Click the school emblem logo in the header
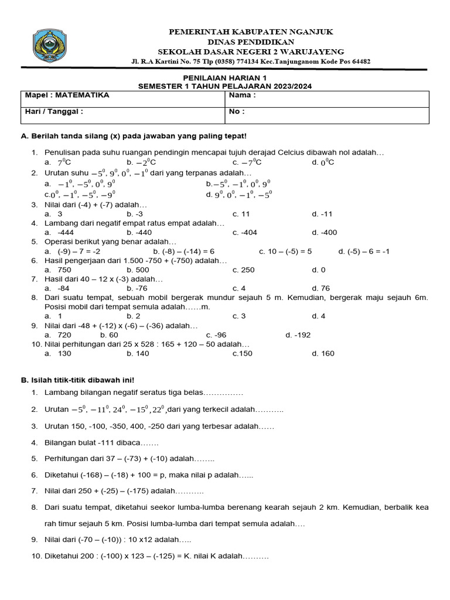click(x=53, y=47)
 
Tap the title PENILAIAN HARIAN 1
click(x=225, y=78)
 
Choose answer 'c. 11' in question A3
click(x=241, y=214)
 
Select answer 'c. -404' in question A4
click(x=244, y=232)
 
